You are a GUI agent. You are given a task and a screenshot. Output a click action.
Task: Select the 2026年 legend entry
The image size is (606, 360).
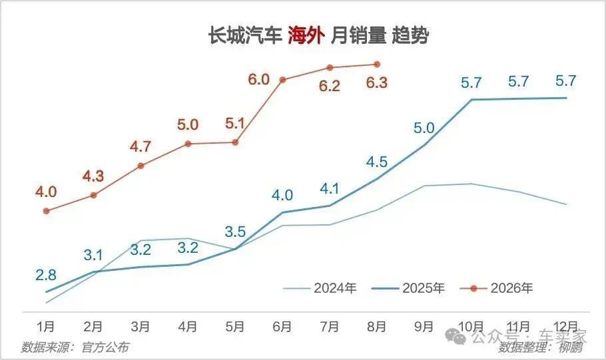[x=497, y=288]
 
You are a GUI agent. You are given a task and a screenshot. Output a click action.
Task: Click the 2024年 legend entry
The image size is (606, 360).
[x=320, y=288]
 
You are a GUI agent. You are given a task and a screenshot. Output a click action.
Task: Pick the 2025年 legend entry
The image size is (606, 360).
[x=408, y=288]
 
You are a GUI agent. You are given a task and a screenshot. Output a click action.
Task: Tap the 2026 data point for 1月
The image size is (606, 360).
[x=47, y=211]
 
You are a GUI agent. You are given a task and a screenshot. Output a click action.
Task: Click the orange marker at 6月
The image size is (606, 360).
[x=282, y=80]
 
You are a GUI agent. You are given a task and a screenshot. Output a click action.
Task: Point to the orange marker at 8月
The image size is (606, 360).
[x=377, y=64]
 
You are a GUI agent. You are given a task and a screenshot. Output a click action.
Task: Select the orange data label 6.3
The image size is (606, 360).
[x=377, y=83]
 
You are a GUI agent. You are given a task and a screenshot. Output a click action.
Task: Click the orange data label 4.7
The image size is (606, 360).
[x=141, y=147]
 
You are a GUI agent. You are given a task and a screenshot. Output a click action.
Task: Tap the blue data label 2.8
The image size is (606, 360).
[x=46, y=275]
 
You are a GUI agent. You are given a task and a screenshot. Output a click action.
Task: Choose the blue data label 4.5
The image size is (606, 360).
[x=377, y=162]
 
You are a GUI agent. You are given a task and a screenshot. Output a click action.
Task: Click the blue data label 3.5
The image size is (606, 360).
[x=235, y=232]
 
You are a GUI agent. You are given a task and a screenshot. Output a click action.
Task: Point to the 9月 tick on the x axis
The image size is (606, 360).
[x=424, y=327]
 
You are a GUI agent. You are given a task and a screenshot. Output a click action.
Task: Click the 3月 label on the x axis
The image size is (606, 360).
[x=141, y=327]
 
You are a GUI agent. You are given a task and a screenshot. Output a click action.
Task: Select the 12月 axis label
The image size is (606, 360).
[x=566, y=327]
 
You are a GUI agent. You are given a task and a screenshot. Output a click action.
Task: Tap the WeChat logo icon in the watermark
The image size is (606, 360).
[x=455, y=337]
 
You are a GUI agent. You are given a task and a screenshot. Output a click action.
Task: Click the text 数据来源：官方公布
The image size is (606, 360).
[x=75, y=347]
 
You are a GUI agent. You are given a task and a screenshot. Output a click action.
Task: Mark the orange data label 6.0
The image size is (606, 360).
[x=258, y=79]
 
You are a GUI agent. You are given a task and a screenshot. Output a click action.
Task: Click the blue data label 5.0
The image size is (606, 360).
[x=424, y=128]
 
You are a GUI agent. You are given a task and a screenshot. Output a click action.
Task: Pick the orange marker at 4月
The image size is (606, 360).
[x=188, y=144]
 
